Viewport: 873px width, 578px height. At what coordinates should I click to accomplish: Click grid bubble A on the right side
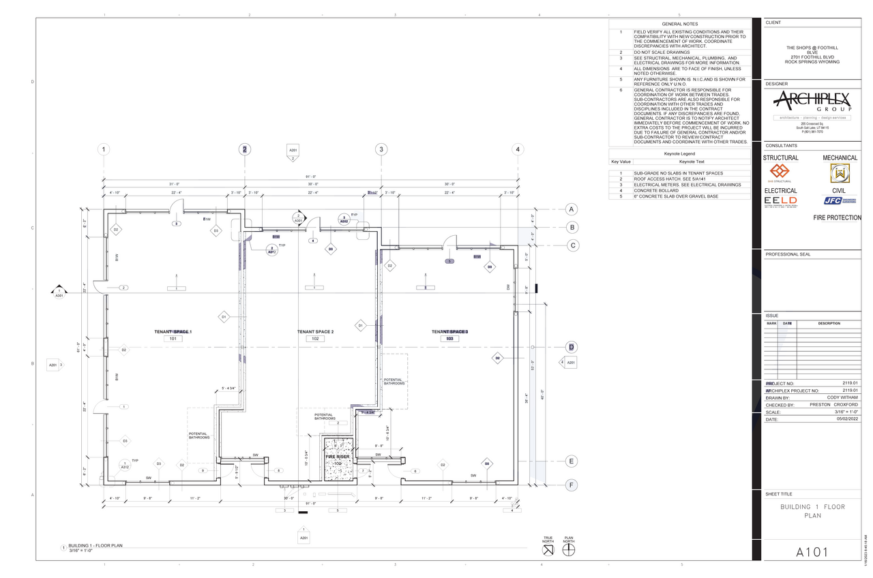572,209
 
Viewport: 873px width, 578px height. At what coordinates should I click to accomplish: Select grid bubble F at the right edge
572,485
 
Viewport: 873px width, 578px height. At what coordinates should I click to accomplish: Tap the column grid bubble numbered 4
518,149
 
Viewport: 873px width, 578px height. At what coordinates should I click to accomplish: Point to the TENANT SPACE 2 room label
315,332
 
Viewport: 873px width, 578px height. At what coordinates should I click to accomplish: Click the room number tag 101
173,339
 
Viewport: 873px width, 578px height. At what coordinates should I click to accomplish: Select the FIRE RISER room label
338,457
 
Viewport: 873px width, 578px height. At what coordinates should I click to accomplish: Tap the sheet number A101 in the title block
812,551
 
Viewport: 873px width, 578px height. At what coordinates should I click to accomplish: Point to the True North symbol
548,549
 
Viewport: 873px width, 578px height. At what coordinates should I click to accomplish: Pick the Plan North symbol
569,549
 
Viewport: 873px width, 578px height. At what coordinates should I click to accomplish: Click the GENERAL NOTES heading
680,24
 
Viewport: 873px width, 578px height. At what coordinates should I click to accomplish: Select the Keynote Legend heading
680,154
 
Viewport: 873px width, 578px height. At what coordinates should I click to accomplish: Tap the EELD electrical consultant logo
780,201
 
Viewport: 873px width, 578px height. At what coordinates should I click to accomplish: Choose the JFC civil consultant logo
839,201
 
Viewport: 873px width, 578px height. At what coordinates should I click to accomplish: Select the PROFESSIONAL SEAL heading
788,254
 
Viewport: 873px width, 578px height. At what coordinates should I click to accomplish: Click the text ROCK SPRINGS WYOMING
812,62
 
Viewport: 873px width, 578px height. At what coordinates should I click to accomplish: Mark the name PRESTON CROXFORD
833,405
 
